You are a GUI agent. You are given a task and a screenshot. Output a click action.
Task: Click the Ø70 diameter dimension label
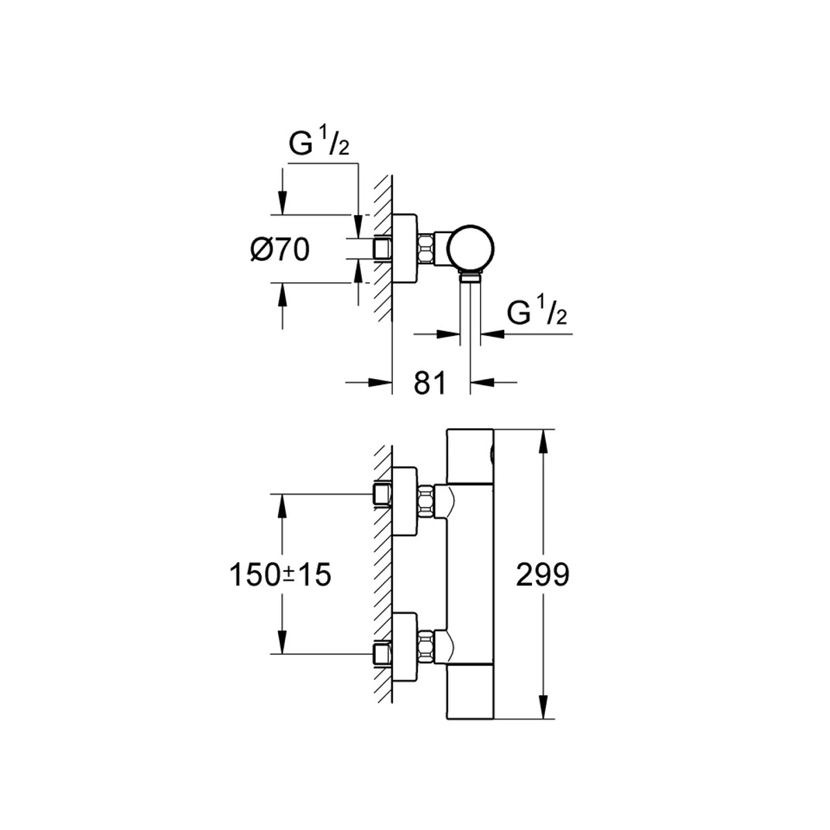pos(279,250)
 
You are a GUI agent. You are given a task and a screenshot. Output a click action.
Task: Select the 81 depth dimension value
pos(430,382)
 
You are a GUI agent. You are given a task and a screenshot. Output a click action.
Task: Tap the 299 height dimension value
pos(543,574)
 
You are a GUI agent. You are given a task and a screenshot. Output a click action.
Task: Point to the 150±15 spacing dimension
pos(280,574)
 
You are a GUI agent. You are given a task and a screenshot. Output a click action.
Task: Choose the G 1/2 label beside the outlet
pos(537,313)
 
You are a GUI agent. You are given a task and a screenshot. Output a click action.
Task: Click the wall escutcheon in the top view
pos(405,248)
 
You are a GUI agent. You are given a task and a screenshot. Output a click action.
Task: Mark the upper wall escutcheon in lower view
pos(405,501)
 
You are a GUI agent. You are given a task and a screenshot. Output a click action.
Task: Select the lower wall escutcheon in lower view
pos(405,645)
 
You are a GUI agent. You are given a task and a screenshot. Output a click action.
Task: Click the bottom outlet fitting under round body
pos(470,278)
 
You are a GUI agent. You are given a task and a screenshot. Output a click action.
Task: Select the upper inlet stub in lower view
pos(382,494)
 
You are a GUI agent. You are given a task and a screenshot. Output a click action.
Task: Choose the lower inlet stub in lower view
pos(382,653)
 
